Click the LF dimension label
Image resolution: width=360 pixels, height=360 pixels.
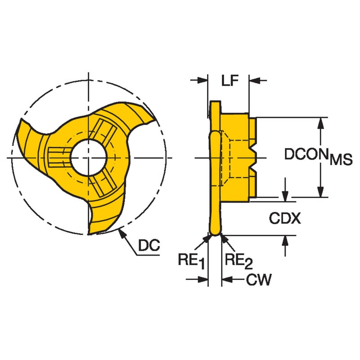coord(230,80)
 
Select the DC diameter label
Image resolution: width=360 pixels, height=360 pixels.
coord(149,245)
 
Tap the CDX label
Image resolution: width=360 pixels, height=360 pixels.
coord(285,218)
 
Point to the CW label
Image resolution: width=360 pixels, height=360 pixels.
coord(259,279)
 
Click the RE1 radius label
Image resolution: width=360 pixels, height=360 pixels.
coord(191,261)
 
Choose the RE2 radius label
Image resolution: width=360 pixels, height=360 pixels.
coord(239,261)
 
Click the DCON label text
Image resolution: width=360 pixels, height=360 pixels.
coord(307,154)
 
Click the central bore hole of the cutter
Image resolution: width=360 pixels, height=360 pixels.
coord(88,158)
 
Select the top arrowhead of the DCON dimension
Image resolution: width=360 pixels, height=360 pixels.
coord(321,123)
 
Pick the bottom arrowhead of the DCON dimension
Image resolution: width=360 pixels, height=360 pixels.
coord(321,192)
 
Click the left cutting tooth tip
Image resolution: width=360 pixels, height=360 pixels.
coord(22,120)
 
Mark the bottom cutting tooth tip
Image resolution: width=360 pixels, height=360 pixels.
coord(89,234)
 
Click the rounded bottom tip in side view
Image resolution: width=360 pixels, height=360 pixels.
coord(215,234)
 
